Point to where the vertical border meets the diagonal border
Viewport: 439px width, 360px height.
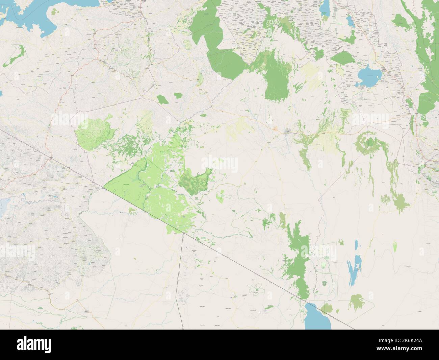(x=183, y=233)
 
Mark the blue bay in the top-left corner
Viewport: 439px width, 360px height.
(x=27, y=17)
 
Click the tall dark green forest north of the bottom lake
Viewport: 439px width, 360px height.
(x=296, y=257)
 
